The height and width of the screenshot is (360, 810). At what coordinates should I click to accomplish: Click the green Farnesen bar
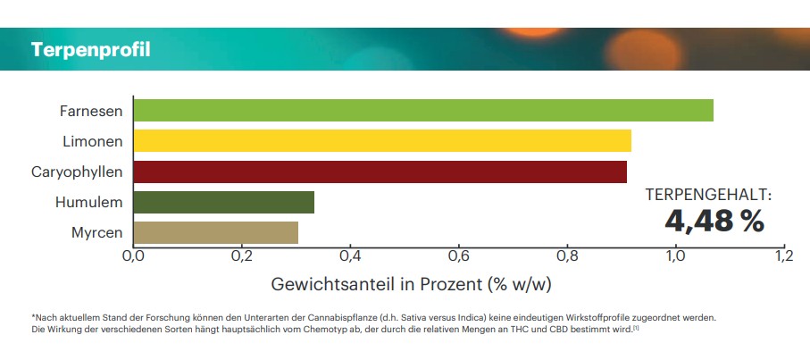[423, 111]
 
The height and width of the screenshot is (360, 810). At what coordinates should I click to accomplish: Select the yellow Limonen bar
[382, 141]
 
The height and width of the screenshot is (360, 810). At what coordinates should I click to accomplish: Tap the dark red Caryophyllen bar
[380, 172]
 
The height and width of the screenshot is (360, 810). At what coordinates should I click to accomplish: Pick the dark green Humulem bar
[224, 202]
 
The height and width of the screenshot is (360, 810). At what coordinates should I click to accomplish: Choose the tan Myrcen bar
[216, 232]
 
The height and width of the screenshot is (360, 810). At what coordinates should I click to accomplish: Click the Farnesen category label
[91, 112]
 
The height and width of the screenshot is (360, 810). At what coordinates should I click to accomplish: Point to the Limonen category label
[93, 141]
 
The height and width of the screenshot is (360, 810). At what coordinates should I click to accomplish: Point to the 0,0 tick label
[133, 257]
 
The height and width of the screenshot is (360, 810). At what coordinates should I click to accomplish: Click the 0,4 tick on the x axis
[350, 257]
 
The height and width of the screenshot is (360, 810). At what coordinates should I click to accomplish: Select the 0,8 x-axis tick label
[566, 257]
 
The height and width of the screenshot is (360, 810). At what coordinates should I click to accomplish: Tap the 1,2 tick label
[783, 257]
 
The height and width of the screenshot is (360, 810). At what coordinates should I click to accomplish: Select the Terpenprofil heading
[90, 49]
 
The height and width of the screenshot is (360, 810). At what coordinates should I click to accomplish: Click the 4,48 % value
[714, 221]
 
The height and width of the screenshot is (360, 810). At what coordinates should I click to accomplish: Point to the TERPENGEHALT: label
[709, 194]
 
